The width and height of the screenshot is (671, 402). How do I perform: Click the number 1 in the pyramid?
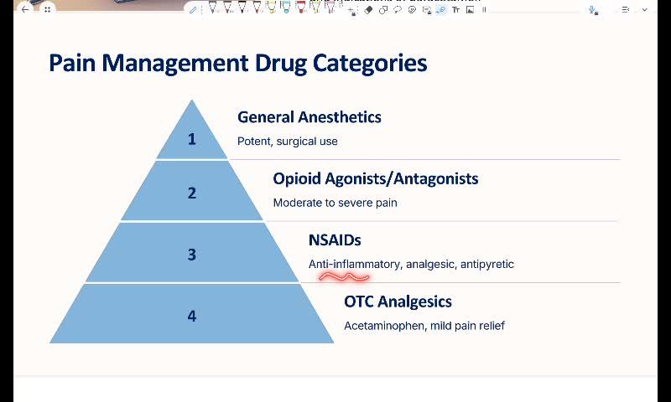191,139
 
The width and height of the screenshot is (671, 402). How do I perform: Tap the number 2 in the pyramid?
191,193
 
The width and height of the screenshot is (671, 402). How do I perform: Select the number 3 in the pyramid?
191,255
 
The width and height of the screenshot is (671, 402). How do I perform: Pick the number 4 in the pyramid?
191,316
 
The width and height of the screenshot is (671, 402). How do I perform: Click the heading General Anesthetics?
309,117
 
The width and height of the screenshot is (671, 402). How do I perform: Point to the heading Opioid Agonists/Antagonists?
375,178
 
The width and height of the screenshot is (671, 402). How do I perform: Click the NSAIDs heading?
335,240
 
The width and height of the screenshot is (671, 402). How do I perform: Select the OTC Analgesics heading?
398,301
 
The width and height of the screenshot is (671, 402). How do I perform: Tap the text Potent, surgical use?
287,142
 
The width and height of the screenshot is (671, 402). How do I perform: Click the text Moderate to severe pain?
335,203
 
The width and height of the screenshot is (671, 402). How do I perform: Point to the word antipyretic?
486,265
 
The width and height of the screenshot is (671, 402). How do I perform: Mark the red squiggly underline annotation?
344,276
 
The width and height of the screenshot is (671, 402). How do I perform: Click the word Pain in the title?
71,64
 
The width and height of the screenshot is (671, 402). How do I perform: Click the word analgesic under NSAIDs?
429,265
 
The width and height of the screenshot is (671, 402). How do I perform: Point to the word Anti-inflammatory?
354,265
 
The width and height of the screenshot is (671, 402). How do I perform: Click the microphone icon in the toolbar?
593,10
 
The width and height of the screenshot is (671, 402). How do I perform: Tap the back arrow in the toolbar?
24,9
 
